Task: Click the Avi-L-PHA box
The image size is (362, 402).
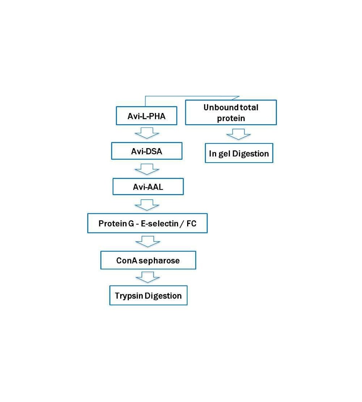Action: click(x=147, y=116)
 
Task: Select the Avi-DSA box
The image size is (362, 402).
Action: click(x=147, y=151)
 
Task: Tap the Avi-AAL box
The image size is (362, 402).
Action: click(x=148, y=187)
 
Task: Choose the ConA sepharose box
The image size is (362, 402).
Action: click(x=148, y=260)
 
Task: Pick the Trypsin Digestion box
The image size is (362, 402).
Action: click(x=148, y=296)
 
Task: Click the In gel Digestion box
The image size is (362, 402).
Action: click(x=239, y=153)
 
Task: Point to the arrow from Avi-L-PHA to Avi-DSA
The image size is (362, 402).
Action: click(x=147, y=133)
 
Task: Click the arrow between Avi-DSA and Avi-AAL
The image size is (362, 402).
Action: click(x=147, y=169)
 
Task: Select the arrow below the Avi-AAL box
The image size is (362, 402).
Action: click(x=147, y=205)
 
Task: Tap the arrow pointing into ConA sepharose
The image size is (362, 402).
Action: click(x=148, y=242)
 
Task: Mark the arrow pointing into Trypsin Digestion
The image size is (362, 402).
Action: click(x=148, y=277)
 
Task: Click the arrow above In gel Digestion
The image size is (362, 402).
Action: click(x=239, y=134)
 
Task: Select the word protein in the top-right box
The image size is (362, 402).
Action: click(x=231, y=118)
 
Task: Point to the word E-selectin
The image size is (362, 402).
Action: click(x=160, y=223)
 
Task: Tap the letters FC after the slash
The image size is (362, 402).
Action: click(x=191, y=223)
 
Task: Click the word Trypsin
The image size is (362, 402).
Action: click(x=129, y=296)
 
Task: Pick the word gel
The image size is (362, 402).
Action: click(x=224, y=154)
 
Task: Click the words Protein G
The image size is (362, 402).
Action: click(x=116, y=223)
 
